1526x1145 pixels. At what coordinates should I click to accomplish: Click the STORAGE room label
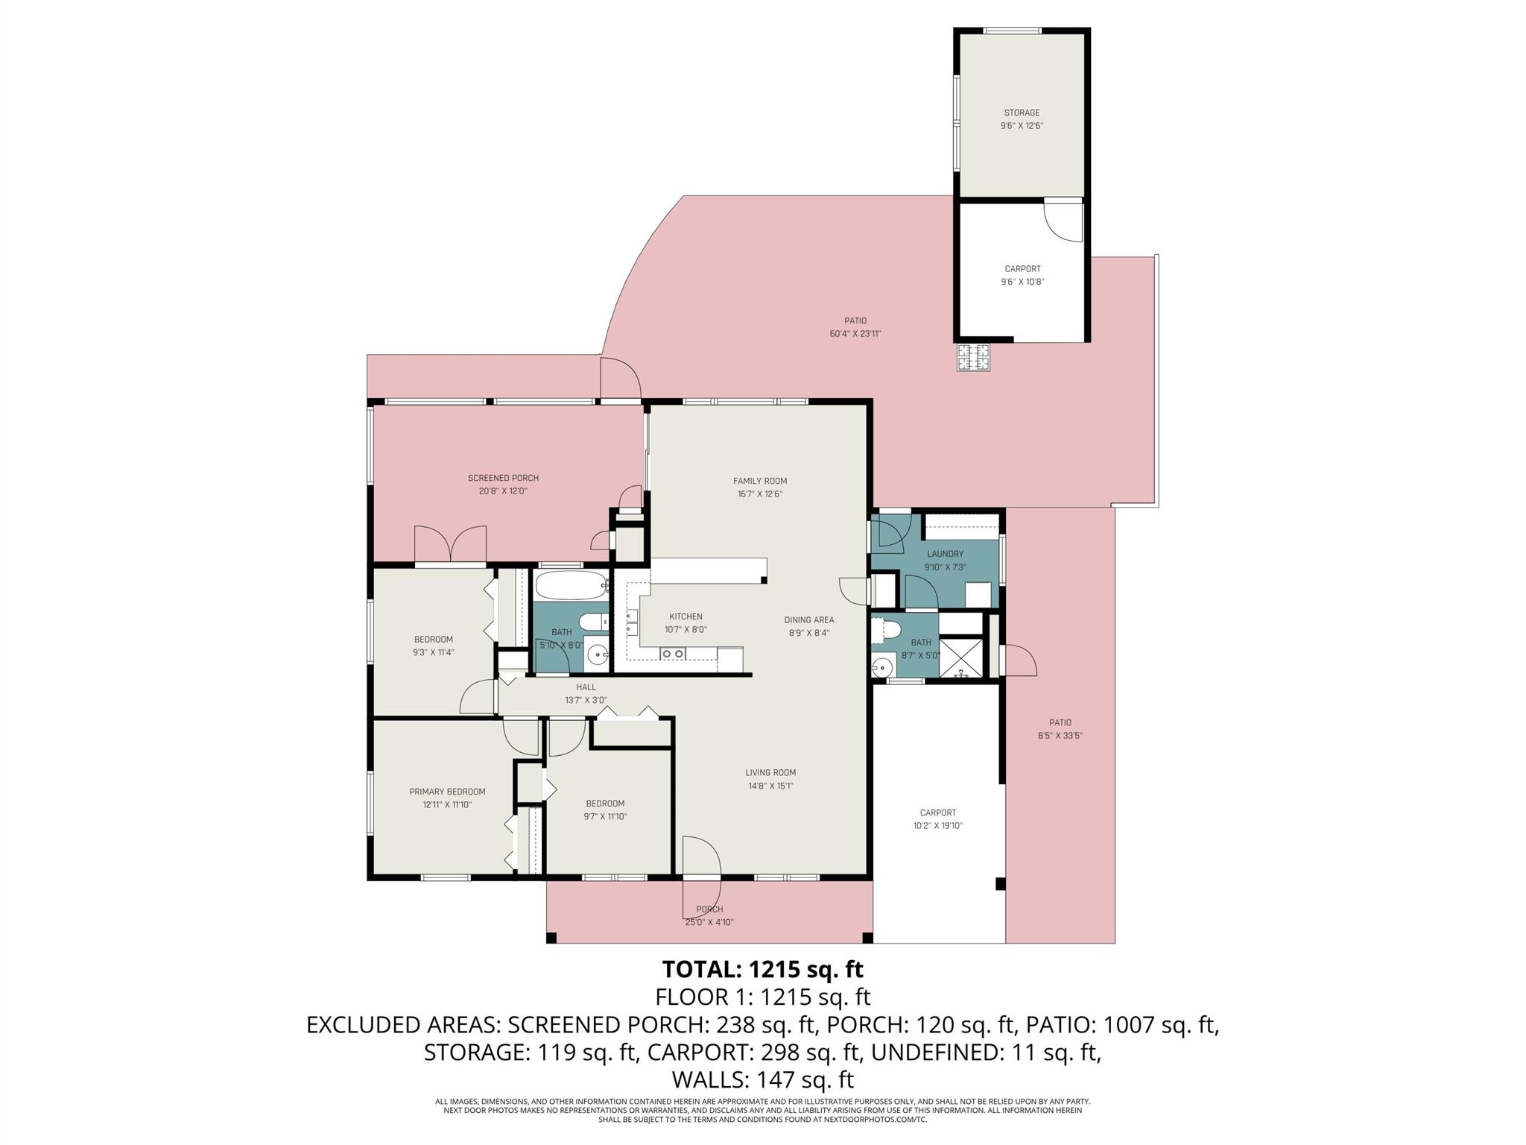point(1021,113)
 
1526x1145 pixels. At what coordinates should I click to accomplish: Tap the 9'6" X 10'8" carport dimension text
point(1022,282)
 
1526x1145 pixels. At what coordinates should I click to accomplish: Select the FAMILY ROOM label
point(759,481)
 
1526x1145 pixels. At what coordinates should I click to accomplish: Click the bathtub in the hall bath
point(571,586)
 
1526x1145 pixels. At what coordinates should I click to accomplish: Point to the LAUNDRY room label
point(945,554)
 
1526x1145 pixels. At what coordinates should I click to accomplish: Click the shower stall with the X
point(960,657)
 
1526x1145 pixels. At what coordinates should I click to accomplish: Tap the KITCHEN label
point(686,616)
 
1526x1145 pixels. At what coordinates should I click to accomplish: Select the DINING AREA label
point(808,619)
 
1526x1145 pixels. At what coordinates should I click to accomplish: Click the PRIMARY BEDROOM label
point(447,792)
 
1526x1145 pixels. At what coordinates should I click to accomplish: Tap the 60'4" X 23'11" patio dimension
point(855,334)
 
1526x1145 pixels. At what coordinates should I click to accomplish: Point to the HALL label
point(586,687)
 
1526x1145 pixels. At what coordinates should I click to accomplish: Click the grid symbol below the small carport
point(973,357)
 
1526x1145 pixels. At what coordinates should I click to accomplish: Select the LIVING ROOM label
point(770,772)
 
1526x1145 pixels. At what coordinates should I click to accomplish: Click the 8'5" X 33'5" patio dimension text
point(1060,735)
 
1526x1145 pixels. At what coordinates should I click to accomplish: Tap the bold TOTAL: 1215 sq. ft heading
point(762,969)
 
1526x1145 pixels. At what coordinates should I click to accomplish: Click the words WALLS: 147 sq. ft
point(762,1079)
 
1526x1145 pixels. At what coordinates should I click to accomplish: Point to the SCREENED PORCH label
point(503,478)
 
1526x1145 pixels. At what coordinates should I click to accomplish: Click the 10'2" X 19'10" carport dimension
point(937,825)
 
